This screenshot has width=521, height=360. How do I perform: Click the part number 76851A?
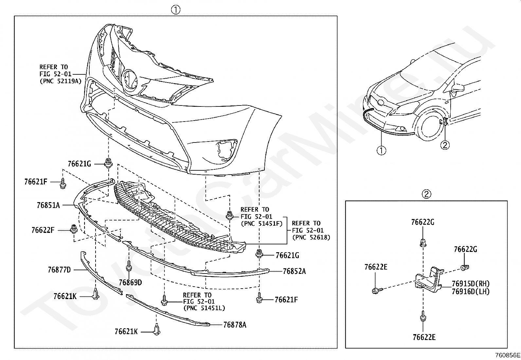(x=48, y=205)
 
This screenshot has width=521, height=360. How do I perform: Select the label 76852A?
(x=294, y=271)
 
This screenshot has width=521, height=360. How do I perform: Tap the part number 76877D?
(x=59, y=270)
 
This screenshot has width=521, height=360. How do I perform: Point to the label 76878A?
(x=235, y=325)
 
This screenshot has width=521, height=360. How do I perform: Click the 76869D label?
(x=130, y=282)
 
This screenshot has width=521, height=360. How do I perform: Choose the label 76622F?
(x=43, y=230)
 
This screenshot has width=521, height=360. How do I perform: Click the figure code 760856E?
(x=508, y=355)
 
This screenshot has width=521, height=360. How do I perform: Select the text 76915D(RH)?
(x=471, y=284)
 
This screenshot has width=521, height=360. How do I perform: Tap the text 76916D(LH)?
(x=471, y=291)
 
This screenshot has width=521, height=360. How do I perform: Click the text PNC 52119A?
(x=61, y=81)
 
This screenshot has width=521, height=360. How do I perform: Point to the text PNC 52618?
(x=311, y=237)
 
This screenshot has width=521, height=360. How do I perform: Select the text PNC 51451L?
(x=204, y=308)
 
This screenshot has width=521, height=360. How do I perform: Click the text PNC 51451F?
(x=261, y=224)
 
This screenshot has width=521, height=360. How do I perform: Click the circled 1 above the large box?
(x=176, y=10)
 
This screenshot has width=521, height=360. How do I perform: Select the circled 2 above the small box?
(x=426, y=194)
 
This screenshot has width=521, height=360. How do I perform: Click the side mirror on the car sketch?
(x=457, y=87)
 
